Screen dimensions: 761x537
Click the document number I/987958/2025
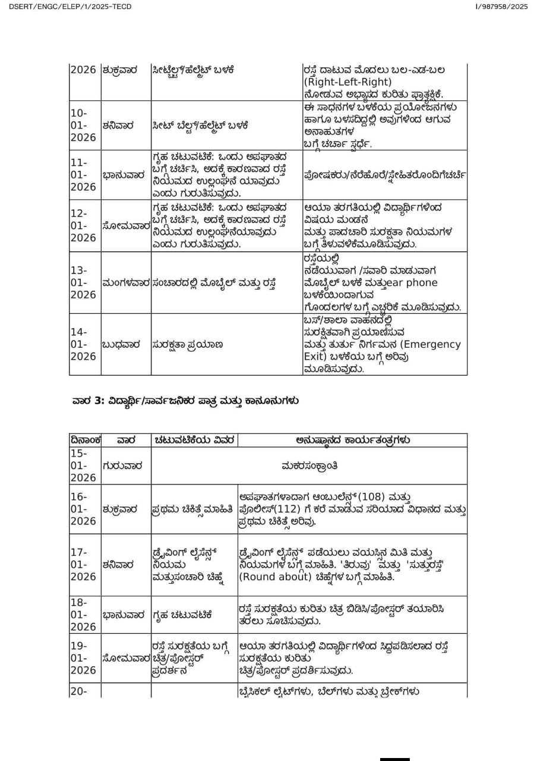coord(501,7)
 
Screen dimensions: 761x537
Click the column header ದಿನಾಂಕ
coord(85,441)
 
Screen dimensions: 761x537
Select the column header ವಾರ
coord(126,441)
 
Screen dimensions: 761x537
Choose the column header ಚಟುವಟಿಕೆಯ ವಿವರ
coord(195,441)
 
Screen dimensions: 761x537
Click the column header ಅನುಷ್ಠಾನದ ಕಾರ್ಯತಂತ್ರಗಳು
coord(352,441)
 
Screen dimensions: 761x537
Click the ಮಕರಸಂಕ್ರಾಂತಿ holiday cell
coord(309,466)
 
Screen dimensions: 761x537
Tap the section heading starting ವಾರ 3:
coord(185,401)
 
